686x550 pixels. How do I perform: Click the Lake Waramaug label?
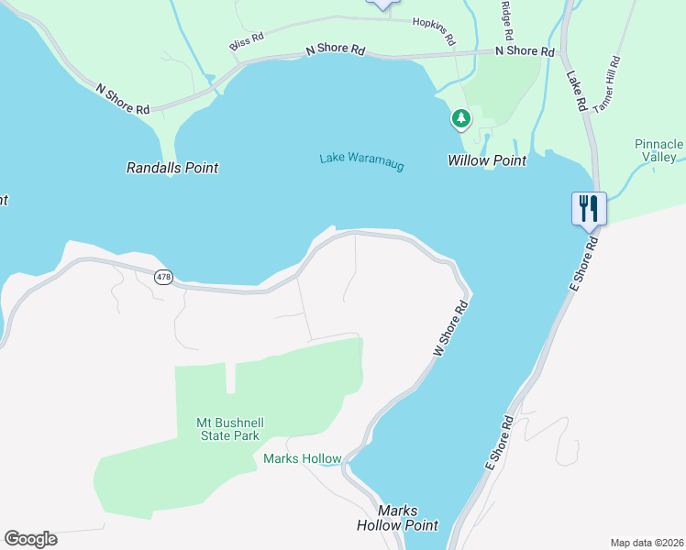point(361,161)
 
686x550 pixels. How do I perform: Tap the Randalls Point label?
point(172,168)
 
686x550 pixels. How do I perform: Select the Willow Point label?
point(487,160)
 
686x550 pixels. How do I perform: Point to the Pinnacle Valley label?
point(659,150)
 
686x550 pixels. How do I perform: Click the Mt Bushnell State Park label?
point(228,429)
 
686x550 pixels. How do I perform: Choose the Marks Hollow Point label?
point(397,518)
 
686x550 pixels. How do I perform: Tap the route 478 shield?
point(163,277)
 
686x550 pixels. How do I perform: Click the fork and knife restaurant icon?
point(587,207)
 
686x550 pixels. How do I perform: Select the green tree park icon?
point(460,118)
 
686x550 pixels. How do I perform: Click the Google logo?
point(30,539)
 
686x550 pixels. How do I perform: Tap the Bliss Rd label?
point(246,41)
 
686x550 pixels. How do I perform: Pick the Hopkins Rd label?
point(434,31)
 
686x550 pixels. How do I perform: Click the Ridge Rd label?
point(505,19)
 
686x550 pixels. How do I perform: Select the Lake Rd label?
point(576,91)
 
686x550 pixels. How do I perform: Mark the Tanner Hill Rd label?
point(608,84)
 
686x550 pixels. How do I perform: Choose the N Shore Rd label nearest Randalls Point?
point(123,99)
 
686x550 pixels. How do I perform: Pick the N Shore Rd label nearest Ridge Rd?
point(526,51)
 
